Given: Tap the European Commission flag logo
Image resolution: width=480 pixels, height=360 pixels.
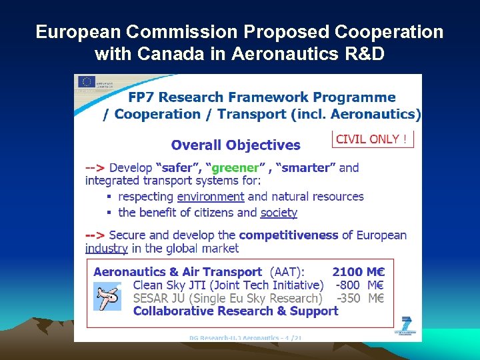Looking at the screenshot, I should click(x=87, y=82).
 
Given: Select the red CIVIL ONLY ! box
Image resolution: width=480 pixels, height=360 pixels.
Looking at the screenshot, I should click(x=373, y=139).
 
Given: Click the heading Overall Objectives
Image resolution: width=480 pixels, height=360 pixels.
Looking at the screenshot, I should click(x=236, y=145).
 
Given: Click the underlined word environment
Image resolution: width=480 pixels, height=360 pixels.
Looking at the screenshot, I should click(x=211, y=197).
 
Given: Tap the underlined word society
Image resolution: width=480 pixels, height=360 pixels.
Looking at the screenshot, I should click(x=279, y=213).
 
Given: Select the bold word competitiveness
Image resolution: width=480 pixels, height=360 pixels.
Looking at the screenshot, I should click(x=289, y=235).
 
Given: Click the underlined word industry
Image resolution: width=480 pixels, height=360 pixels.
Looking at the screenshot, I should click(x=107, y=248).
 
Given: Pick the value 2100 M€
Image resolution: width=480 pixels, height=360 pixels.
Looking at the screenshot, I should click(x=359, y=272).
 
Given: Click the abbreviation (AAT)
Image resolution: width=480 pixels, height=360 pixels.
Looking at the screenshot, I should click(x=287, y=272).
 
